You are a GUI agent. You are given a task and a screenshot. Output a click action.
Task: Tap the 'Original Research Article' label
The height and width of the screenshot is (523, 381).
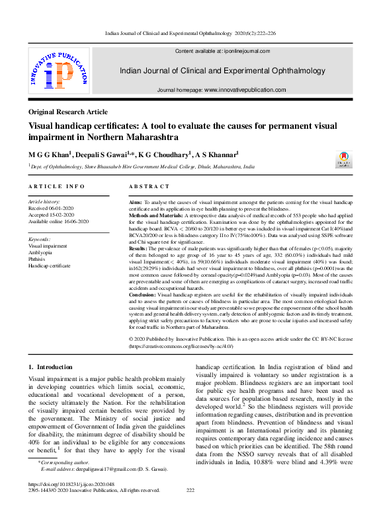point(67,112)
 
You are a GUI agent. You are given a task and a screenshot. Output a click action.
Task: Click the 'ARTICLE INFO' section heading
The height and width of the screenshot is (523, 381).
point(56,187)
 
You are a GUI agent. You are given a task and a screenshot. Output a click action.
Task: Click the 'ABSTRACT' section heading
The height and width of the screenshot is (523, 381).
point(149,187)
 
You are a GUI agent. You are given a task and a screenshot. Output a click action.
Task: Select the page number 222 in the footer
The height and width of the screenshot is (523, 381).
point(190,490)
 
